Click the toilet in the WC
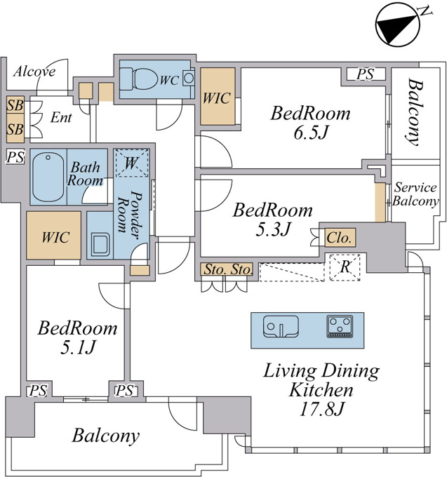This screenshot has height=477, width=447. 139,79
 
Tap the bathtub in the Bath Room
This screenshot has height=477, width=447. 48,177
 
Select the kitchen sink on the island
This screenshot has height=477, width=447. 281,326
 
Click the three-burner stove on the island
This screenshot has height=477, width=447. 340,326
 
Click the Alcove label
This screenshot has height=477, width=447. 34,72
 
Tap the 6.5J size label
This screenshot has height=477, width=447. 311,133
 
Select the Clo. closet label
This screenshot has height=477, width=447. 339,238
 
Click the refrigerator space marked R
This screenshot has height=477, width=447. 345,267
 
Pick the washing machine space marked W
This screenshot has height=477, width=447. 131,163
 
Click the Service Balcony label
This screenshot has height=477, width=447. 415,194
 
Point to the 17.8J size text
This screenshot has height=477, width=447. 321,409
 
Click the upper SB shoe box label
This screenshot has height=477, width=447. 15,105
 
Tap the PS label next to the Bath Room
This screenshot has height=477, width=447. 15,157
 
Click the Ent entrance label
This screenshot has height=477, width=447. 61,117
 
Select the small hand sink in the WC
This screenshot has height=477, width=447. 189,78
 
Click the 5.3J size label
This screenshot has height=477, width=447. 273,229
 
